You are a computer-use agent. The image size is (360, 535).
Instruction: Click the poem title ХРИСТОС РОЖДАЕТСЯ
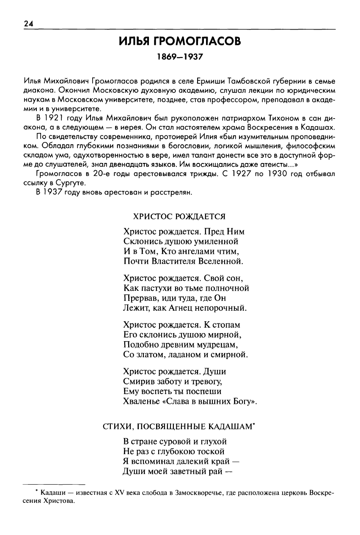point(179,216)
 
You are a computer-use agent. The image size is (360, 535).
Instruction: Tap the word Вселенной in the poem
point(222,261)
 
